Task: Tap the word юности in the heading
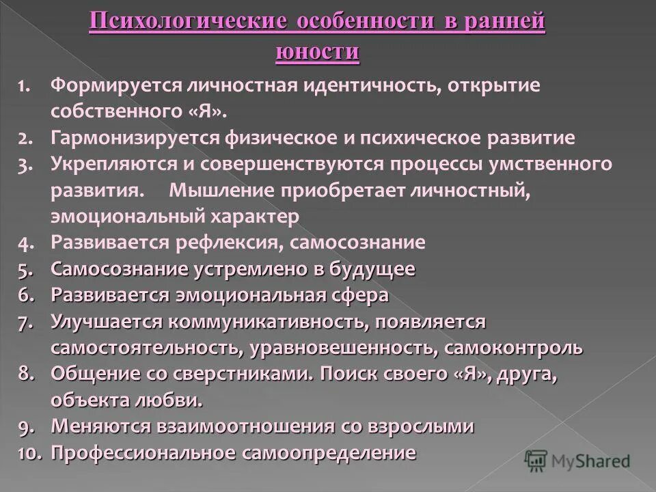click(318, 52)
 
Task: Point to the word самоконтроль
click(513, 347)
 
